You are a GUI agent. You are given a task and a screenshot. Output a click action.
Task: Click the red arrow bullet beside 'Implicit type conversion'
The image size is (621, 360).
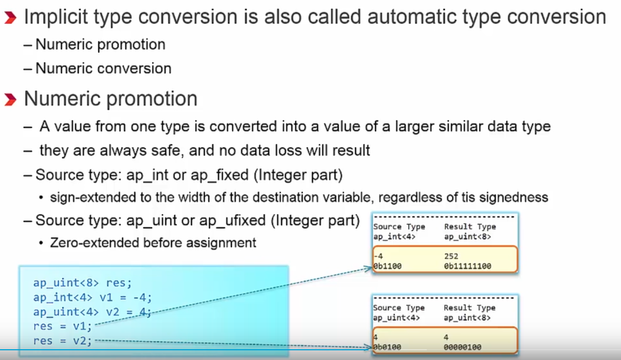tap(10, 18)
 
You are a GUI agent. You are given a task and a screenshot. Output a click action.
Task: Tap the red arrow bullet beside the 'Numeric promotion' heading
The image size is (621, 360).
tap(10, 99)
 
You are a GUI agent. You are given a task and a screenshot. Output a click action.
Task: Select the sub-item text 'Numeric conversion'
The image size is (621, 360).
tap(104, 69)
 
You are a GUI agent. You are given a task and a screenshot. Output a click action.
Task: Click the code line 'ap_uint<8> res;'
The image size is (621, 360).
tap(83, 283)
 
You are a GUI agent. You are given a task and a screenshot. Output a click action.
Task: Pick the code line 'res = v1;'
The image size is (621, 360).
tap(63, 327)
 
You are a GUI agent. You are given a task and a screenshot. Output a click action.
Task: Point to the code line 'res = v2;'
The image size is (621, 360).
tap(63, 341)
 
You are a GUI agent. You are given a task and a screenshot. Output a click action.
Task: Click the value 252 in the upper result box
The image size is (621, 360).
tap(451, 256)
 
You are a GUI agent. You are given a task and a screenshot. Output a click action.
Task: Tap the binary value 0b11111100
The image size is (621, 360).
tap(468, 266)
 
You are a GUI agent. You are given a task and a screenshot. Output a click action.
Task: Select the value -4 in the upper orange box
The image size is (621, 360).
tap(378, 256)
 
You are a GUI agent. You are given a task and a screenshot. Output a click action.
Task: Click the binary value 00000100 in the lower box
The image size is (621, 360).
tap(462, 348)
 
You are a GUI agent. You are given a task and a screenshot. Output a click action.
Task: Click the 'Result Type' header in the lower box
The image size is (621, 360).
tap(470, 308)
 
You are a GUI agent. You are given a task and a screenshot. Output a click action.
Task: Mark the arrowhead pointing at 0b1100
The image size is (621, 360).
tap(368, 269)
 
